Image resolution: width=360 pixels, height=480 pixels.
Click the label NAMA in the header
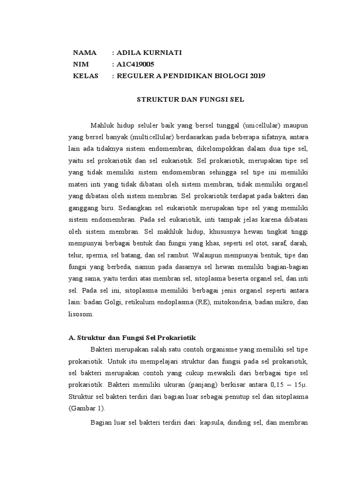click(x=85, y=53)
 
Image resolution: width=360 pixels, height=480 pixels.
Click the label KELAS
click(x=86, y=75)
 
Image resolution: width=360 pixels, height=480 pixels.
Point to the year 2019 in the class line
click(x=257, y=75)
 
